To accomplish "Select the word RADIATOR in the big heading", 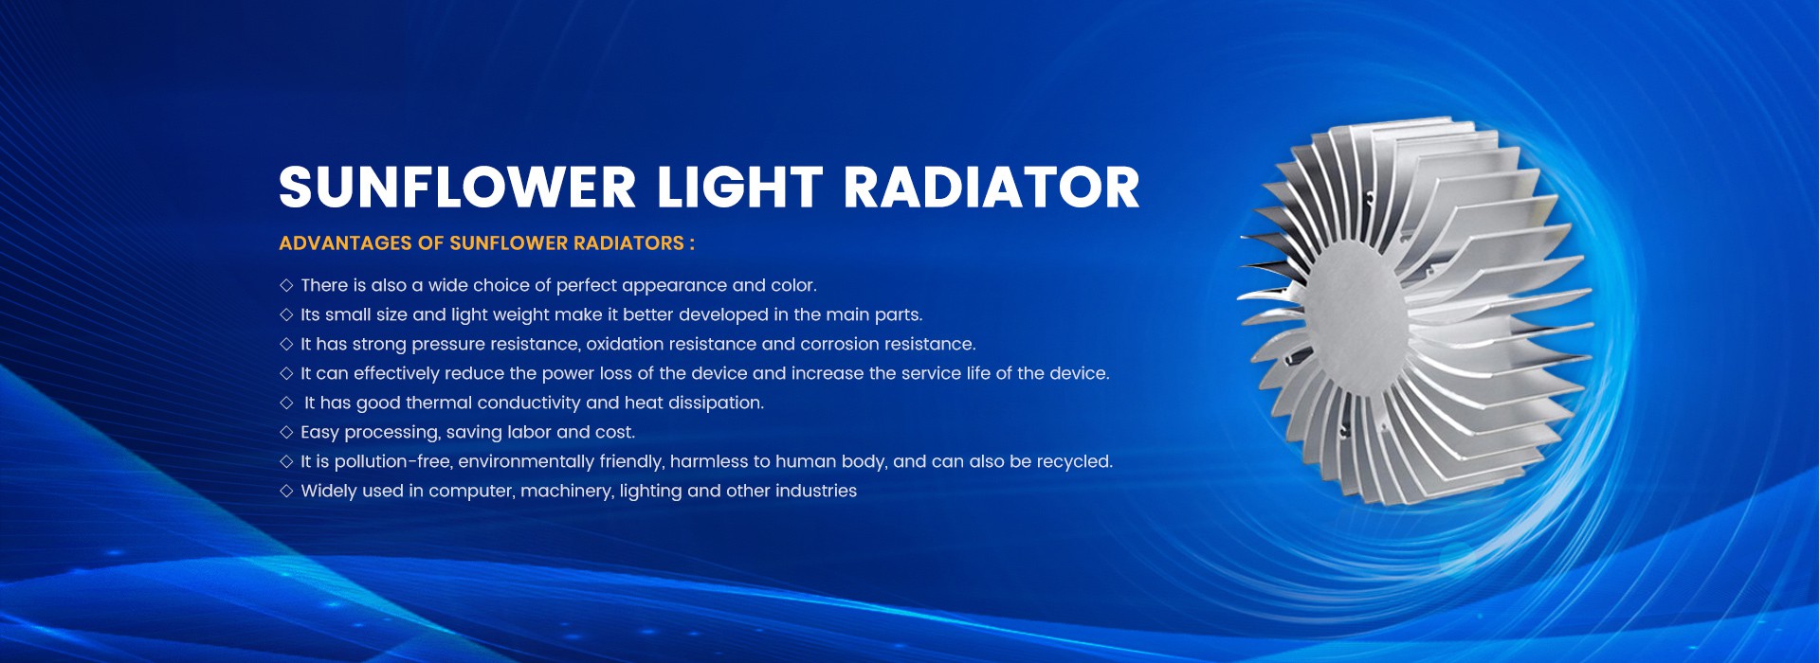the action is click(x=992, y=187).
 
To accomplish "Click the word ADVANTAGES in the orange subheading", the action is click(x=345, y=243).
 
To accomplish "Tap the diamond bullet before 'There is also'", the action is click(x=286, y=285).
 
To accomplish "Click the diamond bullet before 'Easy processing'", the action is click(x=286, y=432).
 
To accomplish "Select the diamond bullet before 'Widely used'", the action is click(x=286, y=491).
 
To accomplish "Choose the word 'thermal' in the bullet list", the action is click(x=439, y=403).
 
